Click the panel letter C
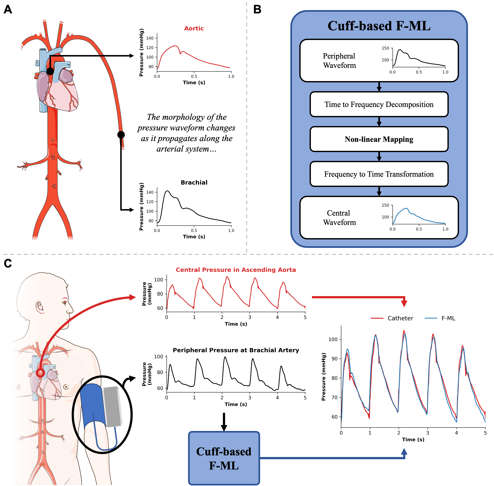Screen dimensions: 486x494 pos(8,263)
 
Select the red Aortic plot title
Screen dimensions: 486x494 pos(194,28)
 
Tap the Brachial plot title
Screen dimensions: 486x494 pos(194,183)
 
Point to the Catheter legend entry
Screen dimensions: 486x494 pos(400,318)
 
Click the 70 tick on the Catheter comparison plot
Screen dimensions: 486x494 pos(334,397)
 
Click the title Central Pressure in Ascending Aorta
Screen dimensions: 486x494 pos(236,270)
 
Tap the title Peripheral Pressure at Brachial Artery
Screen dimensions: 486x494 pos(236,350)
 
